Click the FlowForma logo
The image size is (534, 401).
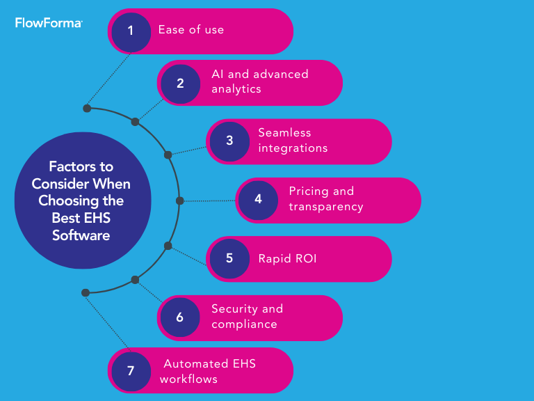point(49,23)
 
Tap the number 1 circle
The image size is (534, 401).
point(131,31)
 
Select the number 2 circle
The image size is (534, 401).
point(180,83)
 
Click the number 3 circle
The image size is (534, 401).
point(229,141)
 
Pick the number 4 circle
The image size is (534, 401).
point(258,200)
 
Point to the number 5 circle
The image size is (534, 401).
point(229,258)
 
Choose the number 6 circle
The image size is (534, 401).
point(180,317)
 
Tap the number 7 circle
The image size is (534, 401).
point(131,370)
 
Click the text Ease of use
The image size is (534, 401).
point(191,30)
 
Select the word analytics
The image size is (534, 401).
point(236,89)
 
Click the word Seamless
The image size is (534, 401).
point(284,132)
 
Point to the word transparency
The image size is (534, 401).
point(326,206)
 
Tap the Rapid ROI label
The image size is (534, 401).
point(287,258)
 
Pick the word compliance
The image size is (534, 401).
point(244,324)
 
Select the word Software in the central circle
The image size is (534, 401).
point(81,235)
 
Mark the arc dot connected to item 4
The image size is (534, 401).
point(179,200)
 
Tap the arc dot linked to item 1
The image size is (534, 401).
point(87,109)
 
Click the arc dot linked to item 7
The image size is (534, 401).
point(86,292)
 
